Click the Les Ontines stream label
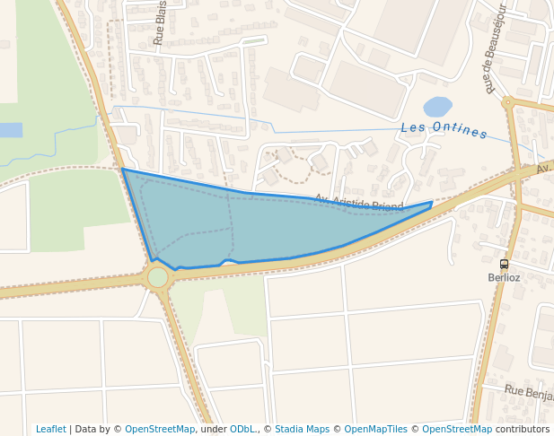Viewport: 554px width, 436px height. (444, 130)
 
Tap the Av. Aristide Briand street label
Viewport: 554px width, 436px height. (359, 204)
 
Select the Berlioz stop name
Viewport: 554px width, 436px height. (504, 277)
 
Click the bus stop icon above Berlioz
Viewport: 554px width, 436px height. (504, 265)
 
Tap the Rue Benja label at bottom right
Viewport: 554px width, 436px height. (529, 392)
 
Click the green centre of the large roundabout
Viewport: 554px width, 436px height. (158, 277)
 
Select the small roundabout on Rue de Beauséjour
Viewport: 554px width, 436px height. (508, 102)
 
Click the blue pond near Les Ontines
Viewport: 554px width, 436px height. (437, 108)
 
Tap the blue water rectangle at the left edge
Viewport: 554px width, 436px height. (10, 130)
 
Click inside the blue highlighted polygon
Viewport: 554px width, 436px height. (233, 224)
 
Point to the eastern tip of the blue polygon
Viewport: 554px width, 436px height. (431, 204)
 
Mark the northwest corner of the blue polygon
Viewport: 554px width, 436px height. (123, 169)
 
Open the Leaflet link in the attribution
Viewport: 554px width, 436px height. (50, 429)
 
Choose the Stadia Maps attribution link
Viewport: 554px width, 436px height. (302, 429)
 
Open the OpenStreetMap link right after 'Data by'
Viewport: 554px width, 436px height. (160, 429)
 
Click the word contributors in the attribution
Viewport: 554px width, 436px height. (523, 429)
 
